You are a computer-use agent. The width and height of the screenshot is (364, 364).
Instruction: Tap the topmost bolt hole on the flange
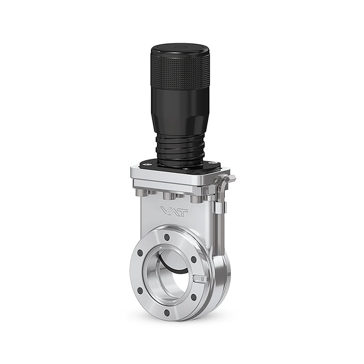(x=166, y=238)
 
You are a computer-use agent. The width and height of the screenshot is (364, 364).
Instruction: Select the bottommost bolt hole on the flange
(x=167, y=312)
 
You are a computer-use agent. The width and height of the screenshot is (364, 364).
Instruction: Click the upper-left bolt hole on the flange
(x=140, y=253)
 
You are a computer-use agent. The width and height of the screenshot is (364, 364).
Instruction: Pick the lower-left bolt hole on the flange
(x=140, y=290)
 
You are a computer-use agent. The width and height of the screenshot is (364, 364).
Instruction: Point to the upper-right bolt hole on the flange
(x=192, y=259)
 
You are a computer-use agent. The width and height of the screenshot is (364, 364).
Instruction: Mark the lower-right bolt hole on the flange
(x=193, y=297)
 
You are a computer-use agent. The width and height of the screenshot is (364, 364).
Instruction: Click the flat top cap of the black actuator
(x=180, y=50)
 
